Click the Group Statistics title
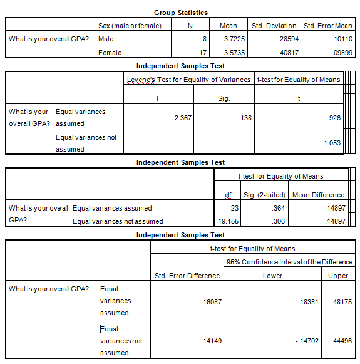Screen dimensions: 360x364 point(180,13)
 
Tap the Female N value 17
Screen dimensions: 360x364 point(202,53)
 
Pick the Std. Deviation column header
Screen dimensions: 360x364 point(274,26)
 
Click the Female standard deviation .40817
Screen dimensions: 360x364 point(286,53)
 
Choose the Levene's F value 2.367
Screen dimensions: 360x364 point(182,118)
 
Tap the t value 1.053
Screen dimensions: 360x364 point(332,143)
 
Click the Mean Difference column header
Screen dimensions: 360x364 point(318,195)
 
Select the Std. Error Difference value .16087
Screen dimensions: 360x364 point(208,301)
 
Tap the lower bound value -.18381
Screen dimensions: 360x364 point(306,301)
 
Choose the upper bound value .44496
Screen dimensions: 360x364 point(341,341)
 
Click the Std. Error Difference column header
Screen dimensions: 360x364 point(187,276)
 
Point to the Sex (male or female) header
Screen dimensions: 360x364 point(130,26)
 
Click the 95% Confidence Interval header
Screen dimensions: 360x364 point(289,262)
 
